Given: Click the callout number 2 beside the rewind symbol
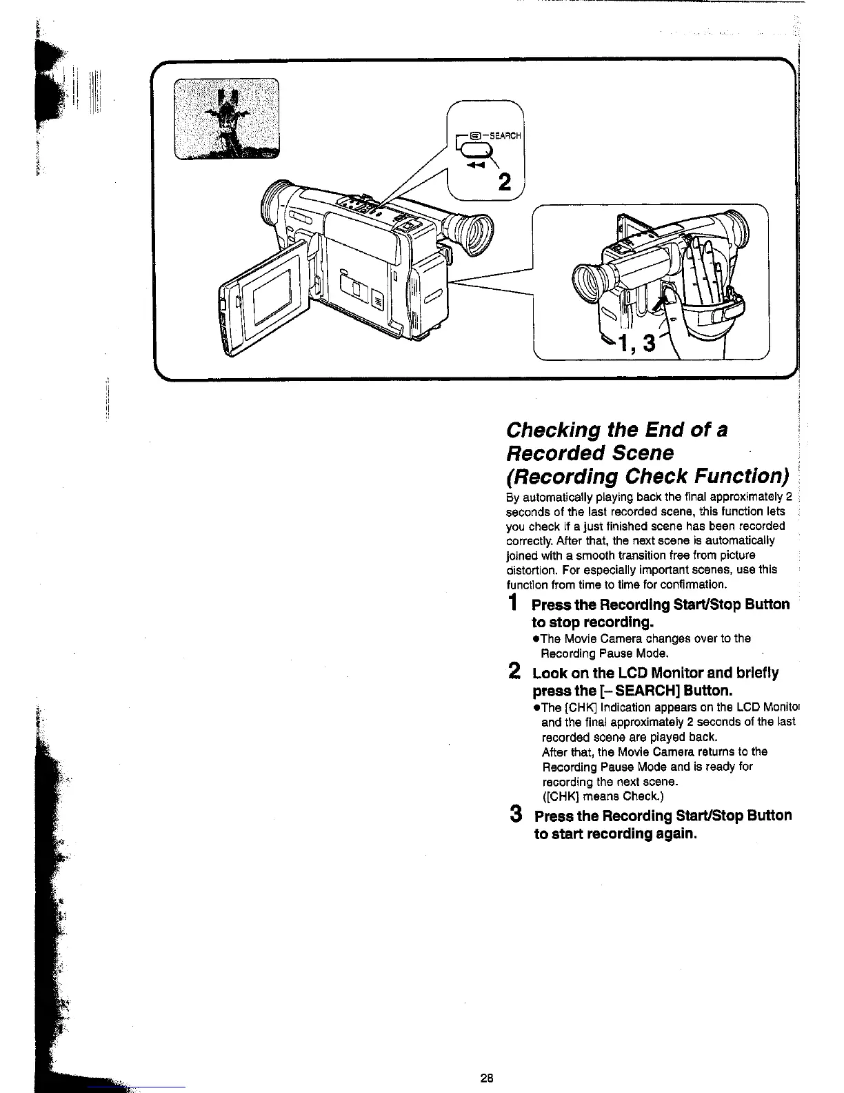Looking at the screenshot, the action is (x=505, y=182).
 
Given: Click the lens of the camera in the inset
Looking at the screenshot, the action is (x=590, y=282).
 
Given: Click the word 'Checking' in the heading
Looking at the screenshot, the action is (x=553, y=430).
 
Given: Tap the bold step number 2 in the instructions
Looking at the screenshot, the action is (x=514, y=671).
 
